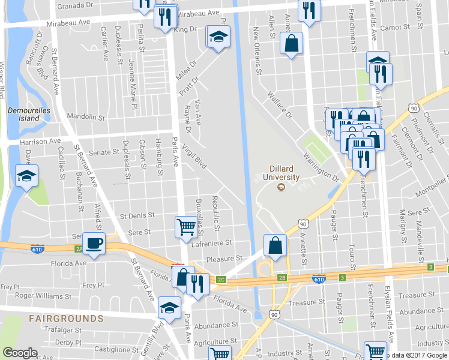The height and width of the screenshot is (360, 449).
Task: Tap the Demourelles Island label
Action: (23, 114)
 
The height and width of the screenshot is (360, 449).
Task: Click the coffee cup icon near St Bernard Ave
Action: (94, 244)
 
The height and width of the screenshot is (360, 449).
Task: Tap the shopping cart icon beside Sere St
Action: (186, 227)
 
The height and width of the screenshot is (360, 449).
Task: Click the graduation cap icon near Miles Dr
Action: (219, 37)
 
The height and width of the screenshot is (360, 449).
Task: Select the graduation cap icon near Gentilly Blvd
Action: (169, 308)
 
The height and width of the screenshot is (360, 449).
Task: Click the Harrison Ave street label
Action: (41, 142)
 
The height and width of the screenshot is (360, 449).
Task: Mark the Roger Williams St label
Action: (43, 296)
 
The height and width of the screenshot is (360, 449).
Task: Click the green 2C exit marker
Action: (221, 279)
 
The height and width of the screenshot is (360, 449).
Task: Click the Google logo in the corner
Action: (20, 353)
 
